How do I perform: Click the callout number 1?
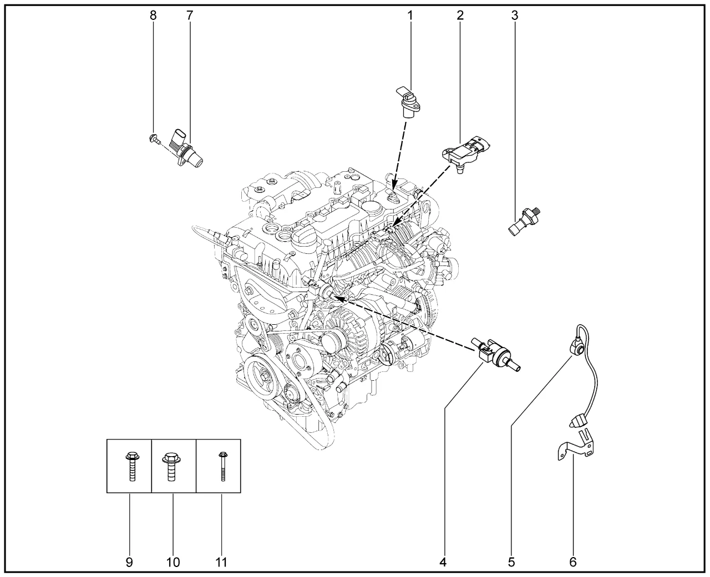(x=410, y=16)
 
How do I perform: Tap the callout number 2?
(x=460, y=16)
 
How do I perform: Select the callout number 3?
(x=515, y=16)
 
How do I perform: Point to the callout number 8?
(x=153, y=16)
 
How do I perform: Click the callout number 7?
(x=189, y=16)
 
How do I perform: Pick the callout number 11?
(x=221, y=563)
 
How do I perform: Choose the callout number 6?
(x=572, y=563)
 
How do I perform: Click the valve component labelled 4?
(x=495, y=356)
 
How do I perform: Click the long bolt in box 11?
(x=222, y=466)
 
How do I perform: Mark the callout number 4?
(x=443, y=563)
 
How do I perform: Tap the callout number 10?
(x=173, y=563)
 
